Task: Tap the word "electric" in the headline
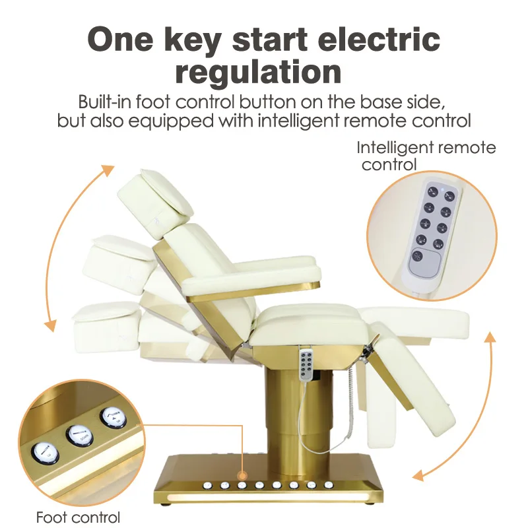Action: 379,39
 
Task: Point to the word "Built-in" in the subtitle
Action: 104,102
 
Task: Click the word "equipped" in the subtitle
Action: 171,121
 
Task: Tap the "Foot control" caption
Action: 78,517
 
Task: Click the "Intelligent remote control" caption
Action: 426,156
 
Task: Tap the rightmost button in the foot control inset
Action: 113,418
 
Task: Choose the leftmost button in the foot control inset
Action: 46,452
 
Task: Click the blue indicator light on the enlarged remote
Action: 442,189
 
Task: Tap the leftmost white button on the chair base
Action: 207,485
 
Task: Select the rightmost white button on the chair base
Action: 328,485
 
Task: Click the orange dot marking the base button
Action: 242,476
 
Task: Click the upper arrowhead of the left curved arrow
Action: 108,170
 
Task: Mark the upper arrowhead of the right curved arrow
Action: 490,337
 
